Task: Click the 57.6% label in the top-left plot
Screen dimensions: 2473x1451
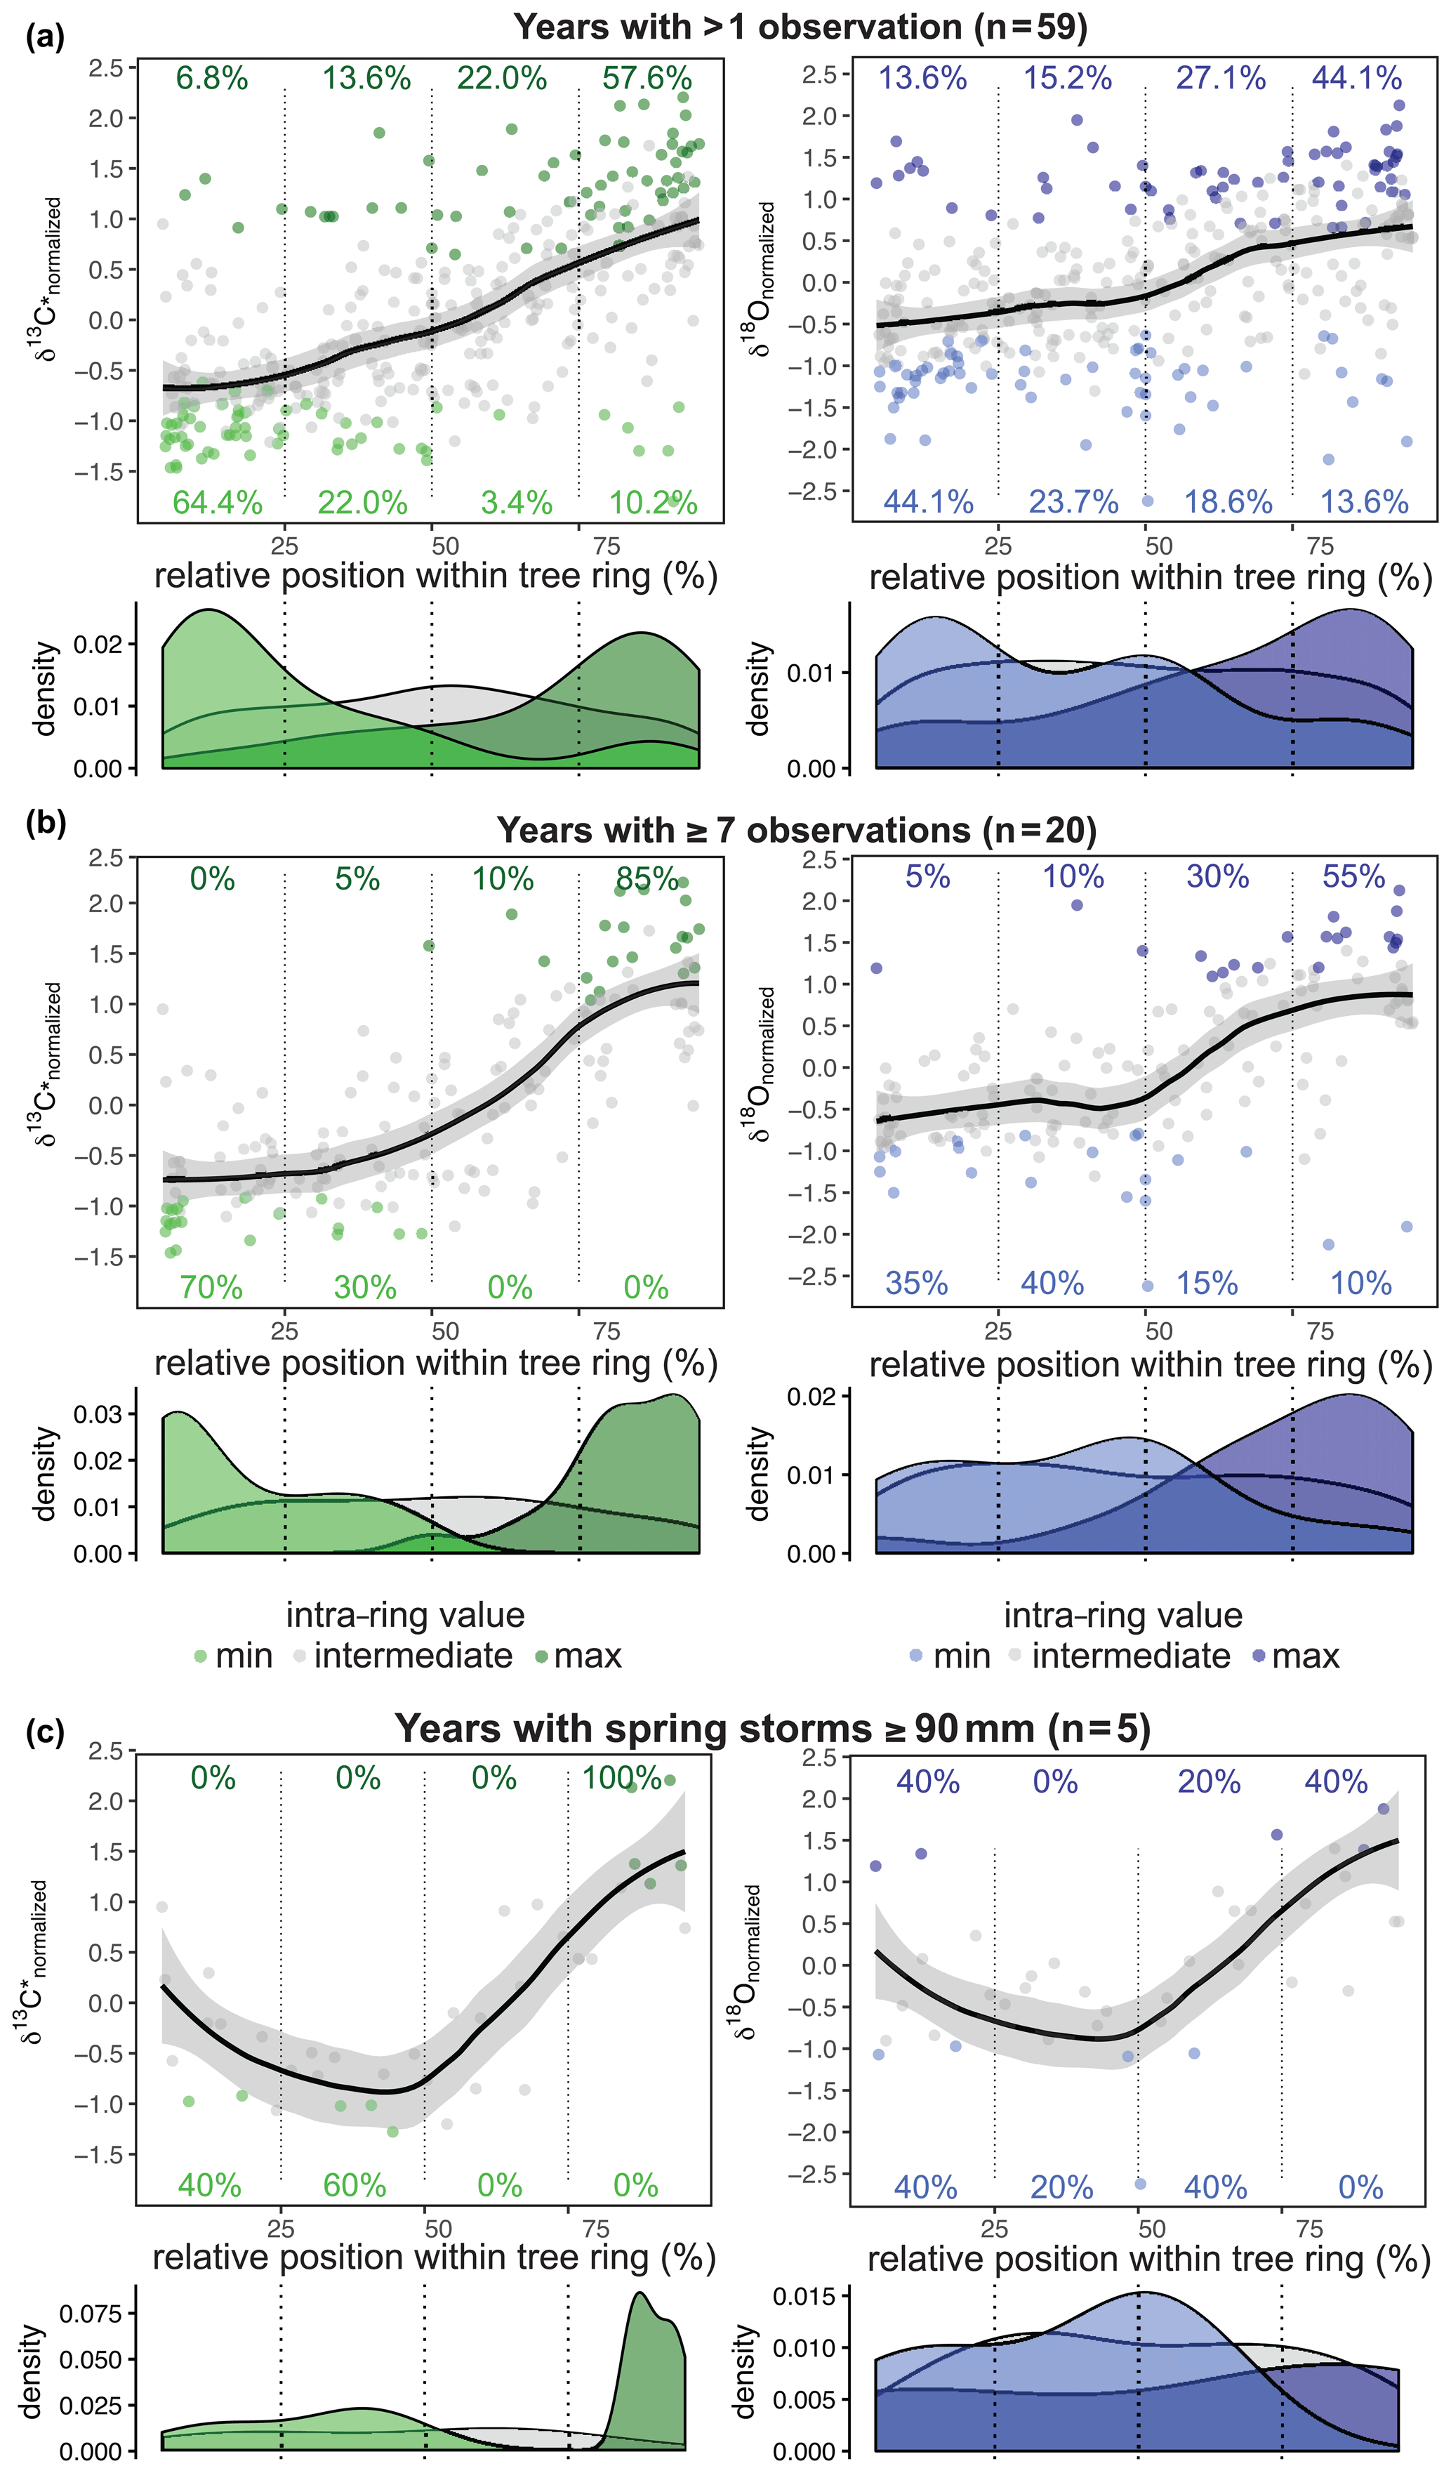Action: point(647,79)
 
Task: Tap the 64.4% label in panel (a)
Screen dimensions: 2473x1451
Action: point(217,503)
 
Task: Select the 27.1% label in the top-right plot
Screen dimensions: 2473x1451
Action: point(1221,79)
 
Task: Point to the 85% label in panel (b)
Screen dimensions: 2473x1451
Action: point(647,878)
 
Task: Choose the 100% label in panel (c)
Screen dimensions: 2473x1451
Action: point(621,1777)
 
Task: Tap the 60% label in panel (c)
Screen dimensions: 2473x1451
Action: point(355,2185)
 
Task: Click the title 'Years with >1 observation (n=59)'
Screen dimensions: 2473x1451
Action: point(800,27)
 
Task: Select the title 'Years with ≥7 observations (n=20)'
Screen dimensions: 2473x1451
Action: point(797,830)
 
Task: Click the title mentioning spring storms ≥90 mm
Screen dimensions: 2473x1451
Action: point(772,1728)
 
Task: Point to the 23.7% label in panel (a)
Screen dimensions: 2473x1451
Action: point(1073,503)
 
